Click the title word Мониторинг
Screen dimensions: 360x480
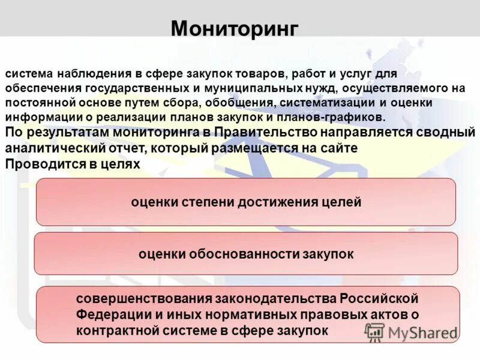coord(234,28)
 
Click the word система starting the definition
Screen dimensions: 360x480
coord(29,74)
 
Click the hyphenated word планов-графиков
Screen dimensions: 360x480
coord(337,117)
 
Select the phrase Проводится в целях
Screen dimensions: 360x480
coord(72,163)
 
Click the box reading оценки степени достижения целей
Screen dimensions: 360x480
coord(245,202)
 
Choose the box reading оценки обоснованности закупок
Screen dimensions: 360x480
coord(245,254)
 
